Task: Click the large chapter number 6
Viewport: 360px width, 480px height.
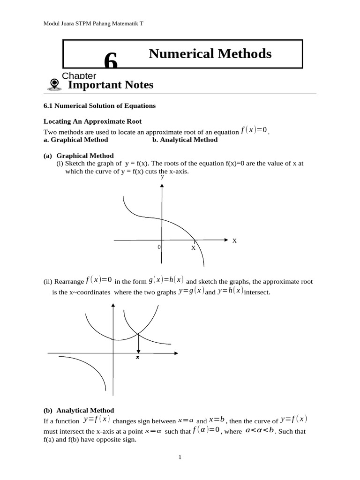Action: pos(111,60)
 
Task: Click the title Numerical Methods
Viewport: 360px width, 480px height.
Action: pos(210,54)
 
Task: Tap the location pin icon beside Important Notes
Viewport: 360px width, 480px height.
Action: pos(54,84)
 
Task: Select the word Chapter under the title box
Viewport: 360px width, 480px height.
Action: pos(79,76)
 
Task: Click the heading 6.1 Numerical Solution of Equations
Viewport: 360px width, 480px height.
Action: pos(99,106)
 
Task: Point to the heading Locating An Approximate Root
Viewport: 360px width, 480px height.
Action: pos(92,121)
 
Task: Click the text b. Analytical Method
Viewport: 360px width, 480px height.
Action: pos(185,140)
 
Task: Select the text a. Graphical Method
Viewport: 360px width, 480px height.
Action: pos(75,140)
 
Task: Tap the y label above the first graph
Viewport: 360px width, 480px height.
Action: pos(162,177)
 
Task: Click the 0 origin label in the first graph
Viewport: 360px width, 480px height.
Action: pos(159,247)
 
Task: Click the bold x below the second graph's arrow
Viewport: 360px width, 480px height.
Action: pos(138,357)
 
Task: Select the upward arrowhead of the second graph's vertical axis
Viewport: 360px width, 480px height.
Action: pos(112,306)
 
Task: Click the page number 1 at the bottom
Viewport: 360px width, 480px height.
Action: pos(180,457)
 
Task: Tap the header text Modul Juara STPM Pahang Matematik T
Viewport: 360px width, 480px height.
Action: pos(93,23)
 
